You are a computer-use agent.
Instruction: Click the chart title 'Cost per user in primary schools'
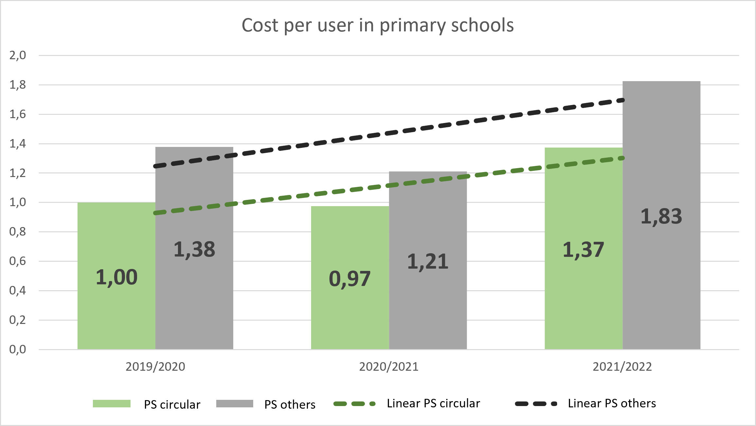point(378,25)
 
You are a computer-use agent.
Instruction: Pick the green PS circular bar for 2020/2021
point(350,314)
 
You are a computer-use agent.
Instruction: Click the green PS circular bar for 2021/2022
point(583,294)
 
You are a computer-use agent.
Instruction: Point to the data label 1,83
point(661,216)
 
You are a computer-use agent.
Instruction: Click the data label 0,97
point(350,279)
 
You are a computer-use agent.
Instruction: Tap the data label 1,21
point(428,261)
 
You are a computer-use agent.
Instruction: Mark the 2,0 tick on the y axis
point(18,55)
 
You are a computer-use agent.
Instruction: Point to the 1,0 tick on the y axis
point(18,202)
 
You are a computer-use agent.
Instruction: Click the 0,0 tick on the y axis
point(18,349)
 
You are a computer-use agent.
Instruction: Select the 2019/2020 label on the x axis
point(155,367)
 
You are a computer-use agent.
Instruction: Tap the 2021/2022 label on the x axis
point(622,367)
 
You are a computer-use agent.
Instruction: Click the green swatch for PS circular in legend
point(112,404)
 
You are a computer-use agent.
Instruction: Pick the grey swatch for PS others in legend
point(235,404)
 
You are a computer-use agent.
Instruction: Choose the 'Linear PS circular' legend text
point(433,403)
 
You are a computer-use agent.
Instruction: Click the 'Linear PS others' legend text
point(612,403)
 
